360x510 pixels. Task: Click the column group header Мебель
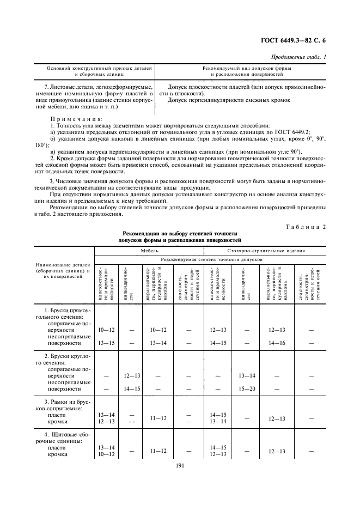pyautogui.click(x=150, y=252)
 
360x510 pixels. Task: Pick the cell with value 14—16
pyautogui.click(x=277, y=343)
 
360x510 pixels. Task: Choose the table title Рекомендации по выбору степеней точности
pyautogui.click(x=179, y=233)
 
